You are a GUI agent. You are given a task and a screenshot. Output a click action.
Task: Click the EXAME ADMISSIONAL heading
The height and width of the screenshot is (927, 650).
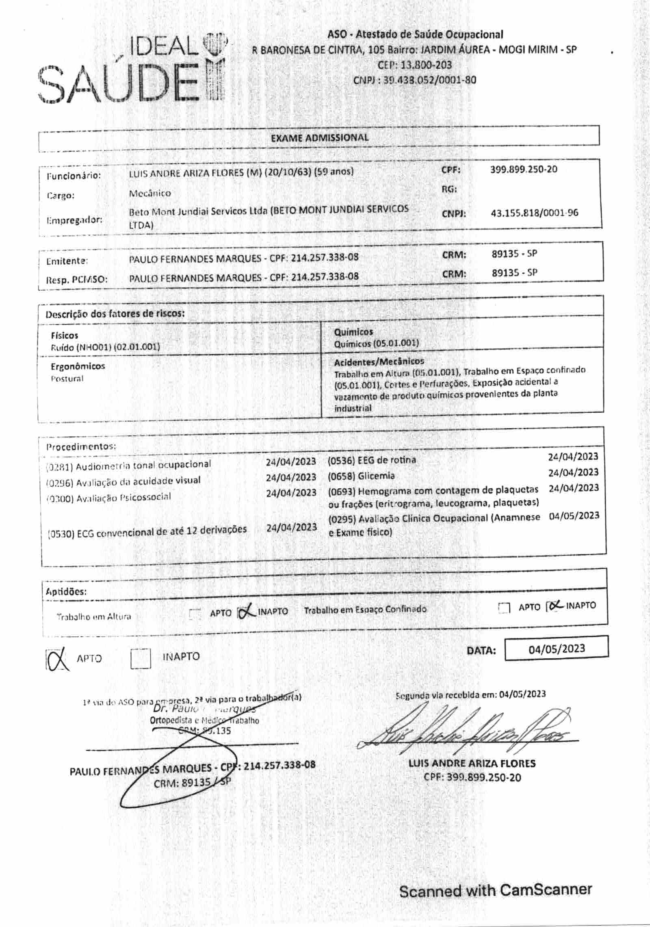click(319, 137)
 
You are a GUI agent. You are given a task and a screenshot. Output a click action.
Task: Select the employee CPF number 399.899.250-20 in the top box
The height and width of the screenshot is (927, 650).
click(524, 169)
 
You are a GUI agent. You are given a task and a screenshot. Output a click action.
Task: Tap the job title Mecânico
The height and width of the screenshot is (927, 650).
click(150, 193)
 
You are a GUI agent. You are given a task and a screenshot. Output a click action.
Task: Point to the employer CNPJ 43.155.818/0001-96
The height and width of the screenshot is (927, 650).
click(534, 213)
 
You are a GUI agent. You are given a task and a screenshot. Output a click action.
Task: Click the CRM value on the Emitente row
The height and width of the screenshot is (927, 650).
click(514, 254)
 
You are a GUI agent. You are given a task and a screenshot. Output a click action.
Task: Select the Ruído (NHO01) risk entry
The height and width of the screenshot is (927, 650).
click(105, 346)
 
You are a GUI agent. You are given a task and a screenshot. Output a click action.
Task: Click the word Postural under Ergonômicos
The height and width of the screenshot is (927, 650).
click(67, 379)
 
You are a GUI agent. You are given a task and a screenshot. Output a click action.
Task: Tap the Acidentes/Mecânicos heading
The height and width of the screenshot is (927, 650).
click(379, 361)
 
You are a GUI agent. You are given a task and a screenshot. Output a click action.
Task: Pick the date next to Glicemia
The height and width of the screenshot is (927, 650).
click(573, 472)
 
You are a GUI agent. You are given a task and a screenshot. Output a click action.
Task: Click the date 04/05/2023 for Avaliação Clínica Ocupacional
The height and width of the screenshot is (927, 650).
click(574, 516)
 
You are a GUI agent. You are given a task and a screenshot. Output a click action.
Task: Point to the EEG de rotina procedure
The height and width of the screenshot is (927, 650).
click(372, 460)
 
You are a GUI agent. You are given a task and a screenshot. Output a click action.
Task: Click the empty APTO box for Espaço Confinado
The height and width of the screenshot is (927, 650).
click(504, 608)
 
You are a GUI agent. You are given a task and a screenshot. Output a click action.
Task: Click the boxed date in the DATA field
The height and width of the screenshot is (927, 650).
click(556, 648)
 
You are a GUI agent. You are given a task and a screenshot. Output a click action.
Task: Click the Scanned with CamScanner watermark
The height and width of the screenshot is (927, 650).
click(495, 890)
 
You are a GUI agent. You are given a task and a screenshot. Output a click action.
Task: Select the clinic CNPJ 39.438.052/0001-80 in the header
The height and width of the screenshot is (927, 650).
click(414, 80)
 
